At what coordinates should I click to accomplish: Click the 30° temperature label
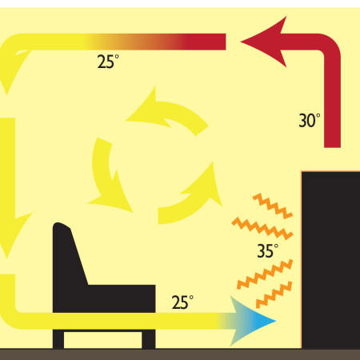point(310,121)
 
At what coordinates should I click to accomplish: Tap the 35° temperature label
point(268,250)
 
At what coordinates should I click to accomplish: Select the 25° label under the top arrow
point(108,62)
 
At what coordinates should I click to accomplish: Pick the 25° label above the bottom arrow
point(182,302)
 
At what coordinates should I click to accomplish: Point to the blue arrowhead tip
point(276,321)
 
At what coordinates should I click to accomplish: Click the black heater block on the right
point(330,260)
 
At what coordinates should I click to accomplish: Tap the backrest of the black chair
point(69,254)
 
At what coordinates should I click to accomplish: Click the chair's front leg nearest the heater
point(149,339)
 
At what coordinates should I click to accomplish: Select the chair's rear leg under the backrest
point(58,339)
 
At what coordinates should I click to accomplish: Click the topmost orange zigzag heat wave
point(273,206)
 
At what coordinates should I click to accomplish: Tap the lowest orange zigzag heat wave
point(274,294)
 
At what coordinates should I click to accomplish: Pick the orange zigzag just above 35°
point(262,228)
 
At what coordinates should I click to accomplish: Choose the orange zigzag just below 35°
point(265,274)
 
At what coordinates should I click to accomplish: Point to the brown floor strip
point(180,354)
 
